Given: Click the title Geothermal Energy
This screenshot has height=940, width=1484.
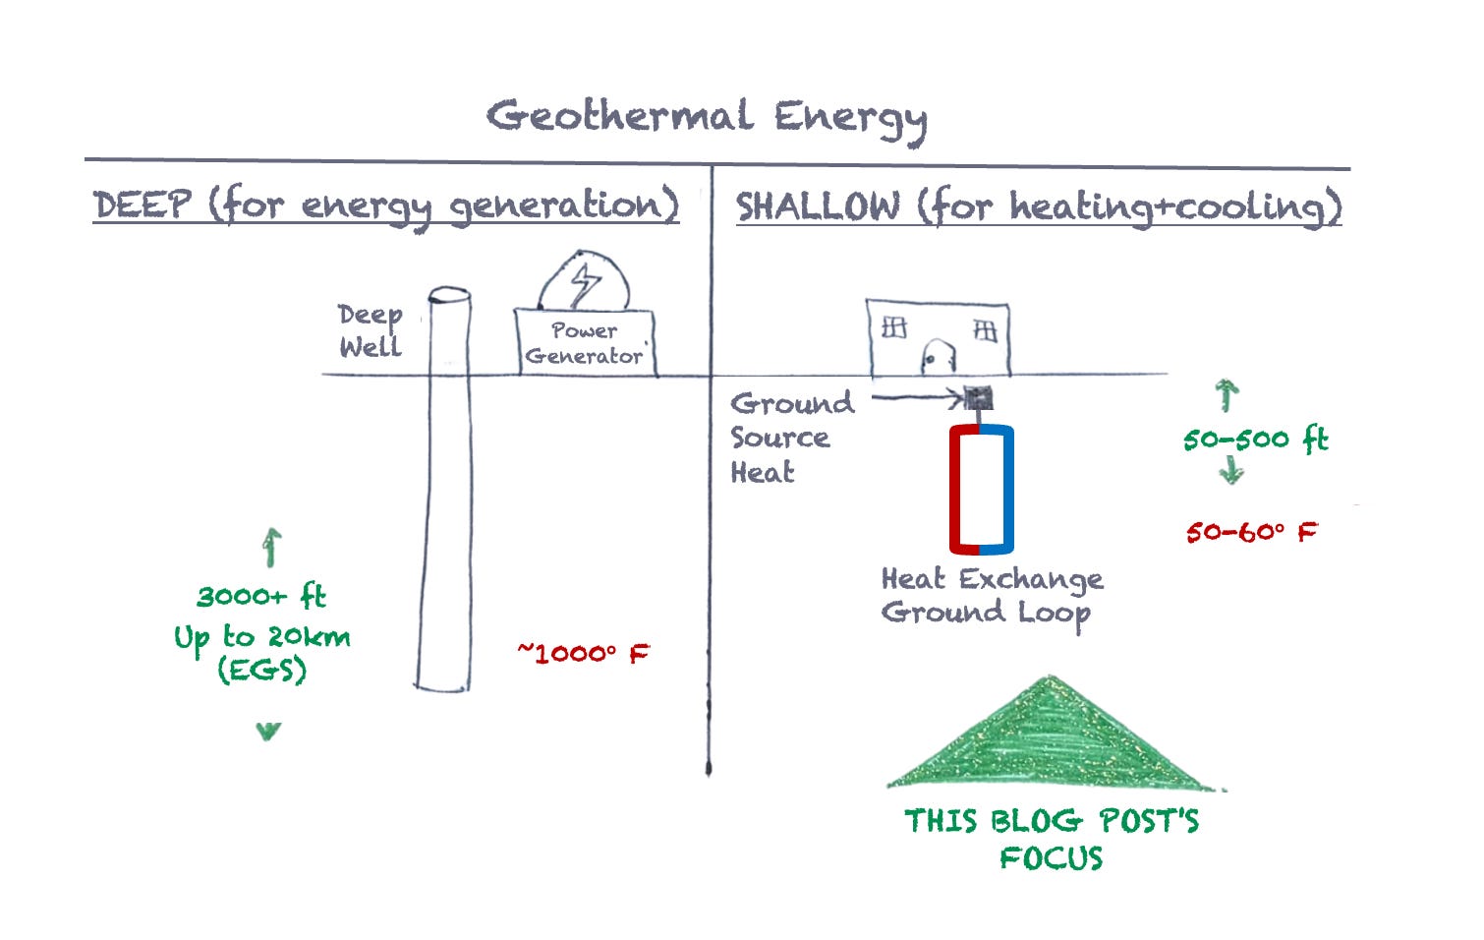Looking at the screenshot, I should click(707, 117).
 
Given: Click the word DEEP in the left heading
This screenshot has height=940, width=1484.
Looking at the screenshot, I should click(142, 206).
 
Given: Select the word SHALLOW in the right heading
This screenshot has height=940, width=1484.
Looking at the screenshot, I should click(818, 206).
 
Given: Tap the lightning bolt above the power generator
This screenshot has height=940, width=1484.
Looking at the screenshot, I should click(585, 283).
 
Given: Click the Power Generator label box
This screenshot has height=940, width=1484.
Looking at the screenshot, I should click(585, 343).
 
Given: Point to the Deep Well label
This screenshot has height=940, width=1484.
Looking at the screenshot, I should click(370, 330).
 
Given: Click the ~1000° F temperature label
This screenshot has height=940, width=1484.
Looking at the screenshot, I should click(583, 653).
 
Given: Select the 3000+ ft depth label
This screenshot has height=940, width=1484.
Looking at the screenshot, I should click(261, 596).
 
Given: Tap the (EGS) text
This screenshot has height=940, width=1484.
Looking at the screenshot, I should click(261, 671).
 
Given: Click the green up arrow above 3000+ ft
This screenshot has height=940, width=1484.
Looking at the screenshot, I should click(271, 548).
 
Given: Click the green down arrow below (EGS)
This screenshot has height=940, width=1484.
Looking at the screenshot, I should click(267, 731).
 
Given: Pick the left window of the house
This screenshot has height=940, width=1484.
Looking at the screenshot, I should click(893, 327).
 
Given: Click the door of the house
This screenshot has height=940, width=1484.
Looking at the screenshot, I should click(938, 357).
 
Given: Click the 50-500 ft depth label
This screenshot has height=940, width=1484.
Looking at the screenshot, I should click(1255, 439).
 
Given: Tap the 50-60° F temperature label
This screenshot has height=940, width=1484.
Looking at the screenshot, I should click(1250, 532).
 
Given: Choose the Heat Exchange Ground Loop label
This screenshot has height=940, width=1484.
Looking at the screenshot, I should click(991, 595).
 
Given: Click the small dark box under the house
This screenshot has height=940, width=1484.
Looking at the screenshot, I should click(979, 398).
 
